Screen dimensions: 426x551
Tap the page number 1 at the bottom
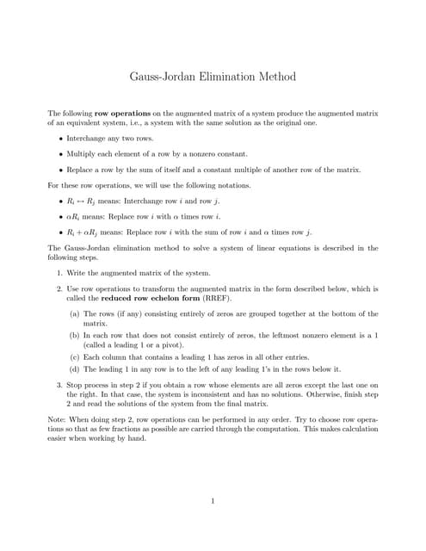(x=213, y=501)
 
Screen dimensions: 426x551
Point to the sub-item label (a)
(x=75, y=314)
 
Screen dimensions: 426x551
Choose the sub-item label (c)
(x=75, y=356)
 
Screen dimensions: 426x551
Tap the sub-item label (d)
(x=75, y=369)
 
